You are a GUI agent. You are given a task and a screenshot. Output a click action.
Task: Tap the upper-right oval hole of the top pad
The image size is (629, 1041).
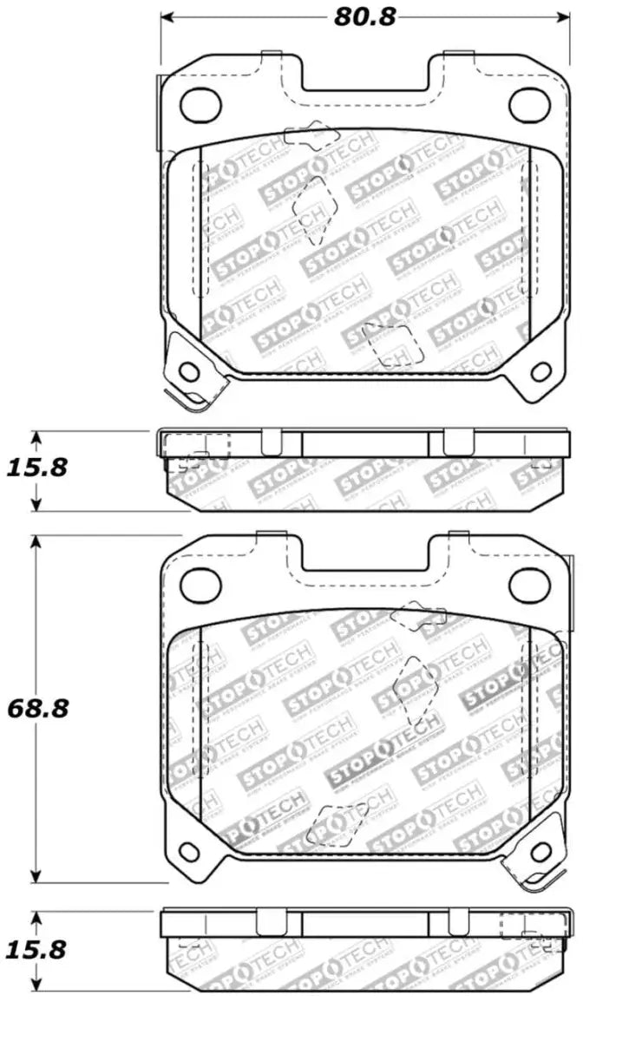526,103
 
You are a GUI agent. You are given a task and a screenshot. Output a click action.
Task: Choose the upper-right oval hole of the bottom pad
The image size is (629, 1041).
526,583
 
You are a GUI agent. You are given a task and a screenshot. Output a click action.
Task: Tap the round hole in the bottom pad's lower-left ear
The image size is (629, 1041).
188,851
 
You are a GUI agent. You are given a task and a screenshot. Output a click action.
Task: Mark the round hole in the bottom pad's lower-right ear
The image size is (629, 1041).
541,851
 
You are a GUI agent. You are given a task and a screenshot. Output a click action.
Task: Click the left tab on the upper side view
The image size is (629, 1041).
272,442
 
